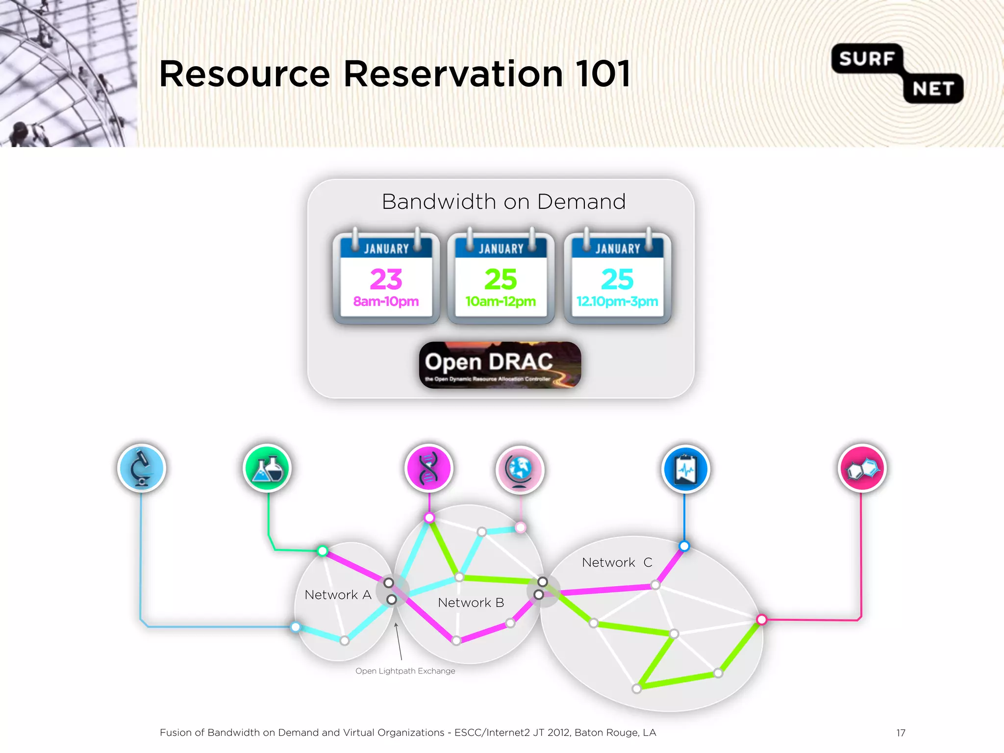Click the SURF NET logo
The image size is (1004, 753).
[x=897, y=74]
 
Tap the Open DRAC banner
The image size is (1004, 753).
[x=500, y=365]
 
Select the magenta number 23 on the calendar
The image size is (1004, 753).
[x=386, y=279]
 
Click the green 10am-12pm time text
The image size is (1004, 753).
[x=501, y=301]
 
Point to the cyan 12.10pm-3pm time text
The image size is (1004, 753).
[x=617, y=301]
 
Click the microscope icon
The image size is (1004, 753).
[x=142, y=468]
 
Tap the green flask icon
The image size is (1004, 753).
[x=267, y=468]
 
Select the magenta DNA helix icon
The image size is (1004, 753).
[x=429, y=468]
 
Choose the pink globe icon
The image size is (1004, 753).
[x=520, y=470]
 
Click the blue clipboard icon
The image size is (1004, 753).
[x=685, y=469]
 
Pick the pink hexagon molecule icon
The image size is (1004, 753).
[x=862, y=469]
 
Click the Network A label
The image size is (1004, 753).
[x=338, y=595]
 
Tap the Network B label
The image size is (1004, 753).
[x=471, y=602]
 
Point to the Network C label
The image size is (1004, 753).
[x=617, y=562]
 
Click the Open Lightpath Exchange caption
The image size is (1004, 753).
[x=405, y=671]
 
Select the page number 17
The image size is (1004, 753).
[x=901, y=733]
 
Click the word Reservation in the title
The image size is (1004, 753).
[x=453, y=74]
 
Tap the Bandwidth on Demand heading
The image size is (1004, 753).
[x=503, y=202]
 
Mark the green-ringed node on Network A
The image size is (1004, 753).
[x=322, y=551]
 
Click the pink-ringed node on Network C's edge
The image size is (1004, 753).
[x=761, y=620]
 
